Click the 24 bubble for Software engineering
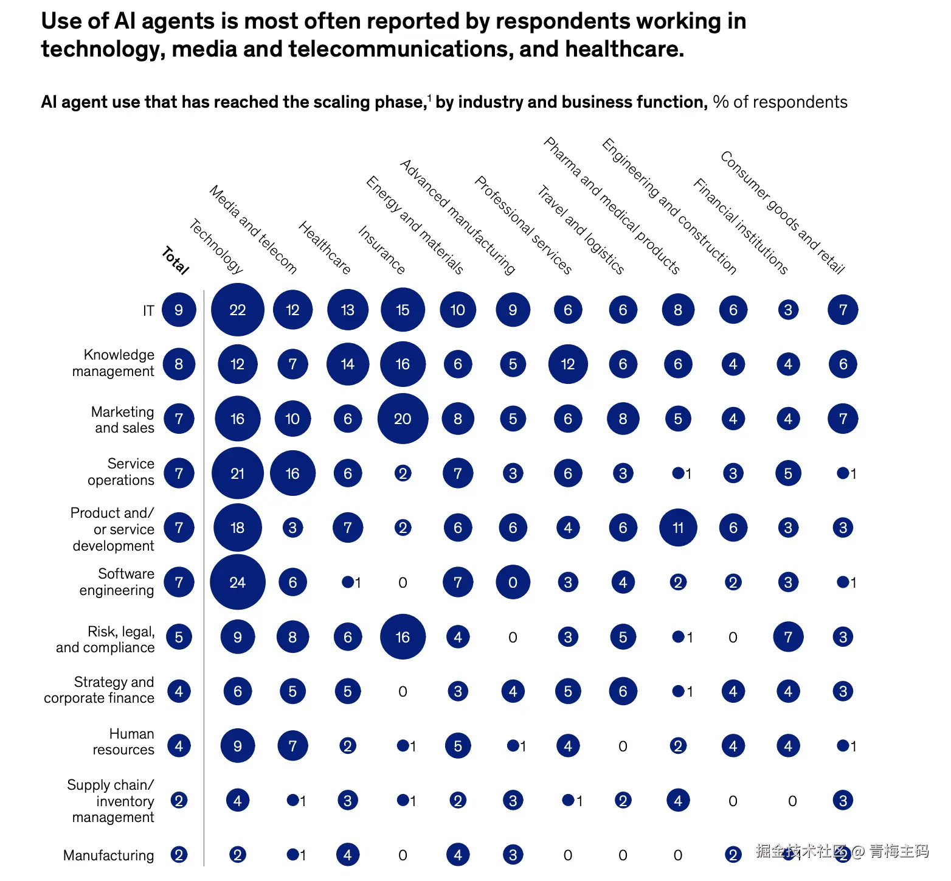click(x=237, y=582)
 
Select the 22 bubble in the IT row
click(x=237, y=310)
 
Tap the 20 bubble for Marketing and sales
click(x=403, y=419)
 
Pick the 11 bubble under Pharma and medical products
click(x=677, y=528)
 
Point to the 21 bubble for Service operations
click(x=237, y=473)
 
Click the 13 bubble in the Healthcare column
click(x=347, y=310)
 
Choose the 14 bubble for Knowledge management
click(x=347, y=364)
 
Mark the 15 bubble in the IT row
click(x=403, y=310)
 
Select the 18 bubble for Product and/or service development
click(x=237, y=528)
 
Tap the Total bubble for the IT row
click(x=179, y=310)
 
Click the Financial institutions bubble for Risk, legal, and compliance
click(x=788, y=637)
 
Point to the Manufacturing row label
click(x=109, y=855)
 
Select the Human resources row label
click(x=123, y=742)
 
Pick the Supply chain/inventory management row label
click(x=113, y=801)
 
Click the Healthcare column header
click(x=325, y=248)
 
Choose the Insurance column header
click(x=381, y=250)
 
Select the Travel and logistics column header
click(x=581, y=231)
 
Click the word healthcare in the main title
click(x=624, y=49)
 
